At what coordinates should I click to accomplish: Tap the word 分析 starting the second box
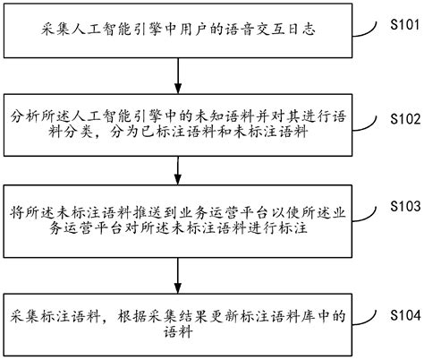[x=25, y=117]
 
